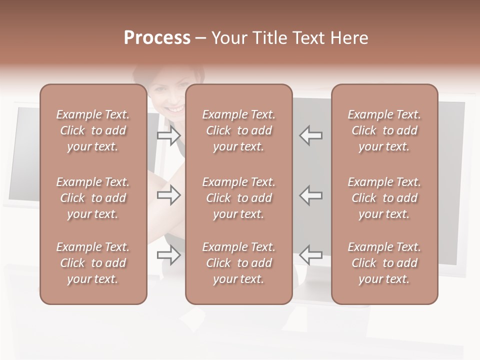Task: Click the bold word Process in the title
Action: pyautogui.click(x=157, y=38)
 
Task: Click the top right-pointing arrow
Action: pyautogui.click(x=169, y=135)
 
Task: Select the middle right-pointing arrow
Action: pyautogui.click(x=169, y=195)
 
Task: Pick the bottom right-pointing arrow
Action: pyautogui.click(x=169, y=255)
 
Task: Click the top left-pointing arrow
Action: pyautogui.click(x=310, y=135)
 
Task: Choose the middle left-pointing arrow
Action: pyautogui.click(x=310, y=195)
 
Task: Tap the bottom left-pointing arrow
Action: pyautogui.click(x=310, y=255)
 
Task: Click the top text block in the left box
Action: pyautogui.click(x=93, y=130)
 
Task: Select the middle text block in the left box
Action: pyautogui.click(x=93, y=198)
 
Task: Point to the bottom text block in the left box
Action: pyautogui.click(x=93, y=263)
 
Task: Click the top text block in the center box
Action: pyautogui.click(x=239, y=130)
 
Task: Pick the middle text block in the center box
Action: pyautogui.click(x=239, y=198)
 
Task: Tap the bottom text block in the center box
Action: pyautogui.click(x=239, y=263)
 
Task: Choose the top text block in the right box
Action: pyautogui.click(x=384, y=130)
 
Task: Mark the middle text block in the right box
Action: pyautogui.click(x=384, y=198)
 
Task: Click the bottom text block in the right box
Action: pyautogui.click(x=384, y=263)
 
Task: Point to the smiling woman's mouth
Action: pyautogui.click(x=174, y=107)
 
